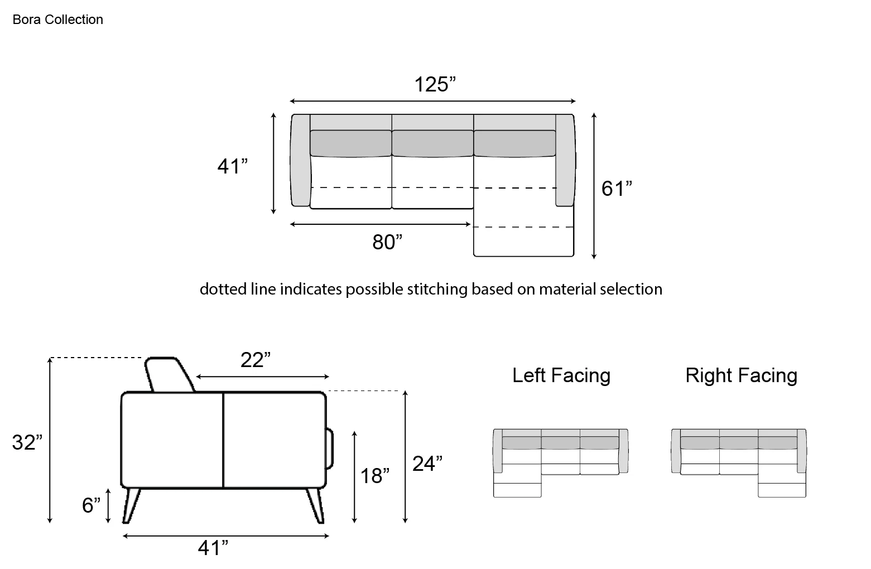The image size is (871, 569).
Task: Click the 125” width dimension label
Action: point(435,84)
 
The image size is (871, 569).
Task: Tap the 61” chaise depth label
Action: point(617,189)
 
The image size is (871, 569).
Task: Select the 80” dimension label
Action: point(387,242)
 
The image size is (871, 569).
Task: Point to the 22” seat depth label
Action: point(256,359)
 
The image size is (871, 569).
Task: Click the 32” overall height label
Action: point(27,442)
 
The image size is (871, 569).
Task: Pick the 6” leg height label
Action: point(92,505)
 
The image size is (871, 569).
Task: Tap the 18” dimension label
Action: point(375,476)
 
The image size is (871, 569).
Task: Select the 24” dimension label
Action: point(427,463)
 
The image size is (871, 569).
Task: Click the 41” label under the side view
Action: point(213,548)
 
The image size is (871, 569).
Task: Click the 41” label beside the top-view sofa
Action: point(233,166)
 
